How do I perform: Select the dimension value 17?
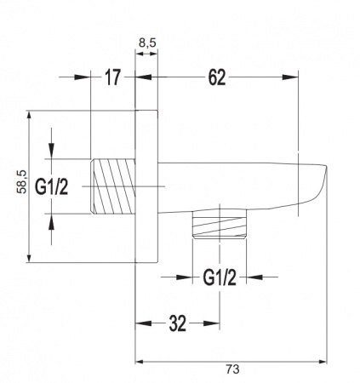point(111,78)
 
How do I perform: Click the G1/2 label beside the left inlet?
point(52,185)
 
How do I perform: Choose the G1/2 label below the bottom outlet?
point(218,277)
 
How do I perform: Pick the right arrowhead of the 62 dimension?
point(297,78)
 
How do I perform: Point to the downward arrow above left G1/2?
point(53,152)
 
